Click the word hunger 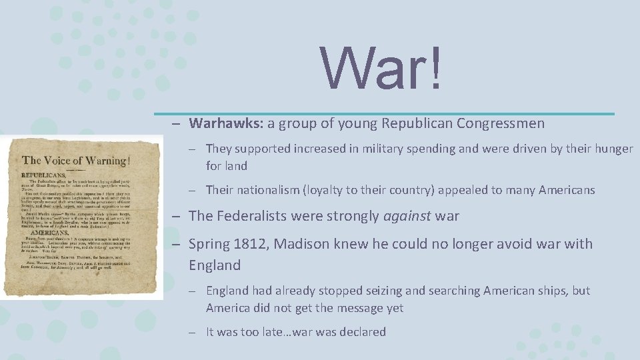point(612,149)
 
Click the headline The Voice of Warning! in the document point(75,160)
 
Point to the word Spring point(209,244)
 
